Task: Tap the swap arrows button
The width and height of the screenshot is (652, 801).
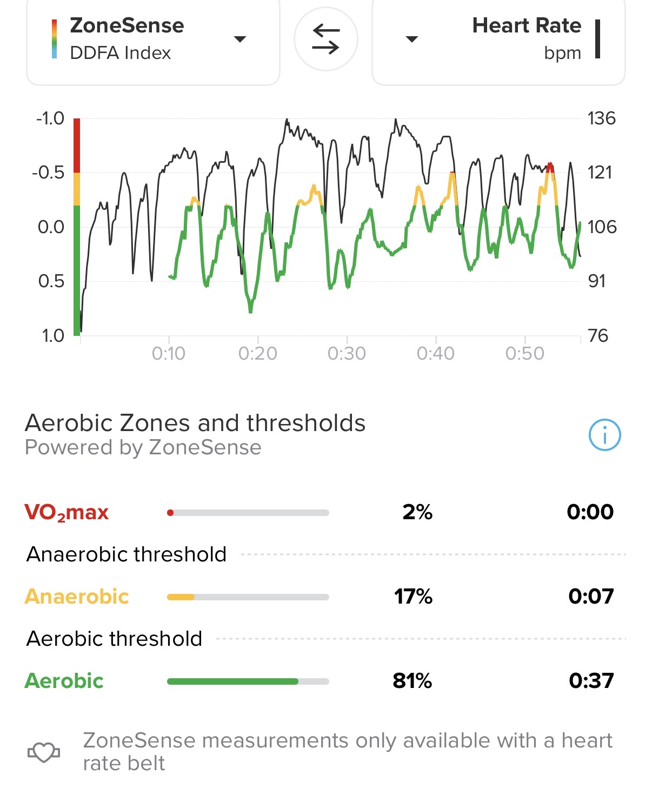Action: click(325, 39)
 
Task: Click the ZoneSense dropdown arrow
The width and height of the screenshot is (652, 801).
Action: click(239, 39)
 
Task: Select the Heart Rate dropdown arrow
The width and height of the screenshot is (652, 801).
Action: click(412, 39)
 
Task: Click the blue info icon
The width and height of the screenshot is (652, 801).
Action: click(604, 435)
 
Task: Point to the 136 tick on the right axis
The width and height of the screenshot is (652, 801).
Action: click(601, 118)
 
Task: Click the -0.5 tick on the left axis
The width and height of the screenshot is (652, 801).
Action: click(48, 173)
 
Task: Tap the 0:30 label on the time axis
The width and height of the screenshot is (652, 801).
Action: click(347, 354)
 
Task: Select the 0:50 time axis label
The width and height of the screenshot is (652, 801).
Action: click(524, 354)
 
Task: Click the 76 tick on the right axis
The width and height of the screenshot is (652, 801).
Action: click(598, 335)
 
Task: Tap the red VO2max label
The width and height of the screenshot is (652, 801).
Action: click(66, 512)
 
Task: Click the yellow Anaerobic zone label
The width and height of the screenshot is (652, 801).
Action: click(77, 597)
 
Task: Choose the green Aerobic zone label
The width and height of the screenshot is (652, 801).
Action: click(64, 681)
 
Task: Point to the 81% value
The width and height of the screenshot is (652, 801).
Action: click(412, 681)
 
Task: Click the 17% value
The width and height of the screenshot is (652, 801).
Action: click(413, 597)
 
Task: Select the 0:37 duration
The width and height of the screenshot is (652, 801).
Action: click(591, 681)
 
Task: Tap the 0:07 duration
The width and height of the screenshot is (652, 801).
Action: click(591, 597)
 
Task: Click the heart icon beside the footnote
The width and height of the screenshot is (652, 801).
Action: click(44, 752)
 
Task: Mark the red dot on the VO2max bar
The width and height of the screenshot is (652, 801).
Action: click(170, 513)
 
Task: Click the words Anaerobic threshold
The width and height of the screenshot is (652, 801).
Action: click(127, 554)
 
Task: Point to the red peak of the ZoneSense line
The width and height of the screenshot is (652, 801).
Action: click(550, 166)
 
